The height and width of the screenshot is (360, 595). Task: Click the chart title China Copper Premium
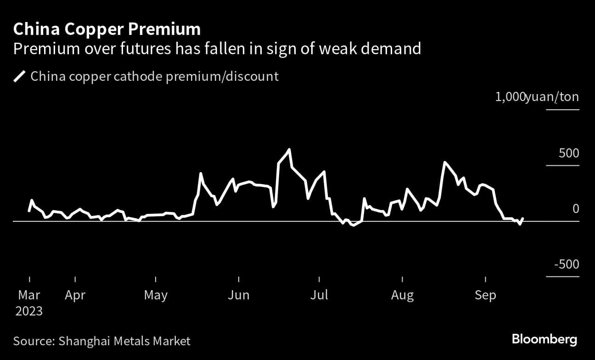coord(107,29)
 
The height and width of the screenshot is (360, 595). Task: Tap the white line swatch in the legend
coord(19,76)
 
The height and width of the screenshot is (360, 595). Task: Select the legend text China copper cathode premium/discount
coord(154,76)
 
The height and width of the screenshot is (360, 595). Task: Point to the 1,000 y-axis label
coord(510,97)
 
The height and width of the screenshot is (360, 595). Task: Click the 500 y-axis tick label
coord(569,153)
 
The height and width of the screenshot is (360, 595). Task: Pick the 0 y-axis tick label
coord(575,209)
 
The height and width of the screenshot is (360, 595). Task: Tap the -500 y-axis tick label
coord(567,264)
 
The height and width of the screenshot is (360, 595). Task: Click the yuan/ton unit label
coord(552,97)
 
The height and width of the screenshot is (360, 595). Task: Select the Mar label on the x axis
coord(29,295)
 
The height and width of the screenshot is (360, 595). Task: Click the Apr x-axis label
coord(75,295)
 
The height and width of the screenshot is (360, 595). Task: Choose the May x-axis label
coord(156,295)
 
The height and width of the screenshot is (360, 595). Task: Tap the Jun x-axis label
coord(239,295)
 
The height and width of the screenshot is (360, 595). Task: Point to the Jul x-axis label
coord(319,295)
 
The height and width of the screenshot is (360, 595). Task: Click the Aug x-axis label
coord(402,295)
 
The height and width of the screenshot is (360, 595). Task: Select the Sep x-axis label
coord(485,295)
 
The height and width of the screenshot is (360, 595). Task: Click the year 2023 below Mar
coord(29,311)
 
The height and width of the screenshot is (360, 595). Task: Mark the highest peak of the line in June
coord(289,149)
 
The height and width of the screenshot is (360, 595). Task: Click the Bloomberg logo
coord(544,340)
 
